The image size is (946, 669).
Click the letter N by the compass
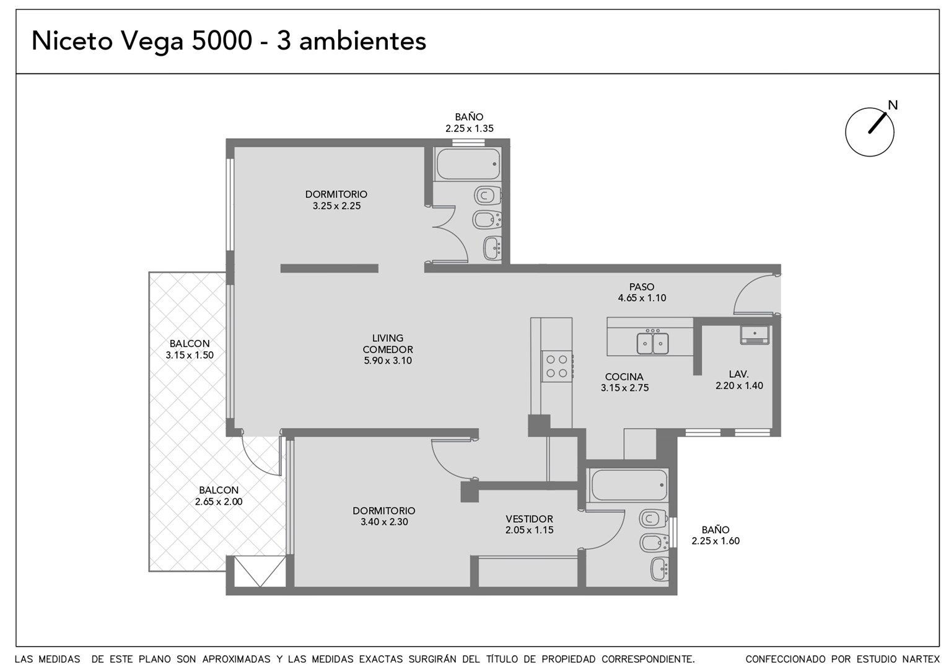[x=892, y=105]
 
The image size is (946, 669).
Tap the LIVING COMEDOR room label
[x=388, y=344]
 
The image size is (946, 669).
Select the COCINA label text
[x=624, y=377]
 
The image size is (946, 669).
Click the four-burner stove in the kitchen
[x=557, y=366]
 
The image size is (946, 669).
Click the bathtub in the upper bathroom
[x=468, y=164]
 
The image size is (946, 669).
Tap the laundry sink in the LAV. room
[x=755, y=335]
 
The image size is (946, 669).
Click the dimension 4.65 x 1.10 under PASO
[x=642, y=298]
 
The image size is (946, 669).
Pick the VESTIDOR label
[x=529, y=518]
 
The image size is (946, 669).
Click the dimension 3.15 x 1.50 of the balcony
[x=190, y=355]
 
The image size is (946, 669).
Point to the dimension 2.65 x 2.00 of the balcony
[x=219, y=502]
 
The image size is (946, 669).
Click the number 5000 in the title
[x=222, y=42]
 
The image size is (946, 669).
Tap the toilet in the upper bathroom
[x=488, y=196]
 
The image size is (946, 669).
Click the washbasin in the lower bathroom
[x=659, y=569]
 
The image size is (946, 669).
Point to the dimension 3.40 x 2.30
[x=384, y=522]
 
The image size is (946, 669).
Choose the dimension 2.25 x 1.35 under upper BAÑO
[x=469, y=128]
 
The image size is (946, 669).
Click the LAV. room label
[x=738, y=374]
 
